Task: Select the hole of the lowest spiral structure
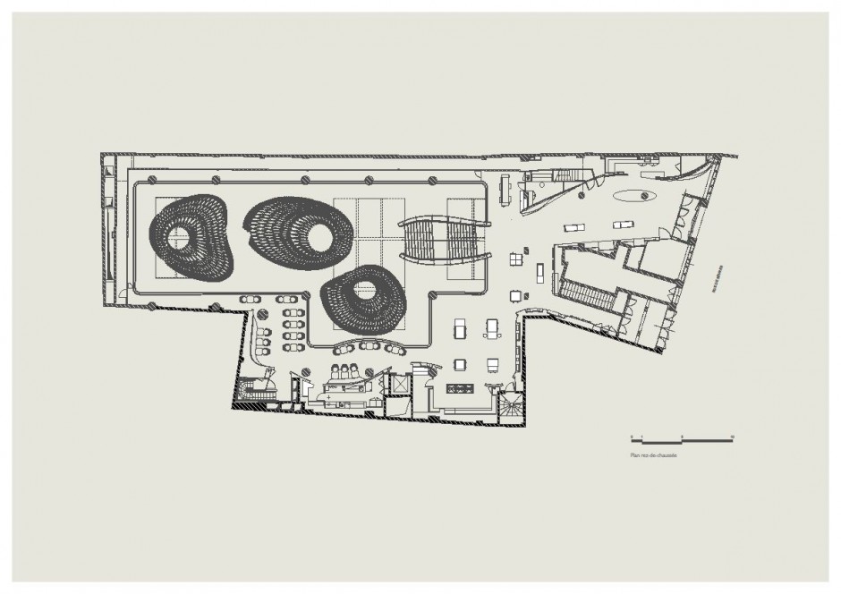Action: coord(364,289)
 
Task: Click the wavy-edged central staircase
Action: coord(445,239)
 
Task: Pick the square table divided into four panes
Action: coord(517,260)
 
